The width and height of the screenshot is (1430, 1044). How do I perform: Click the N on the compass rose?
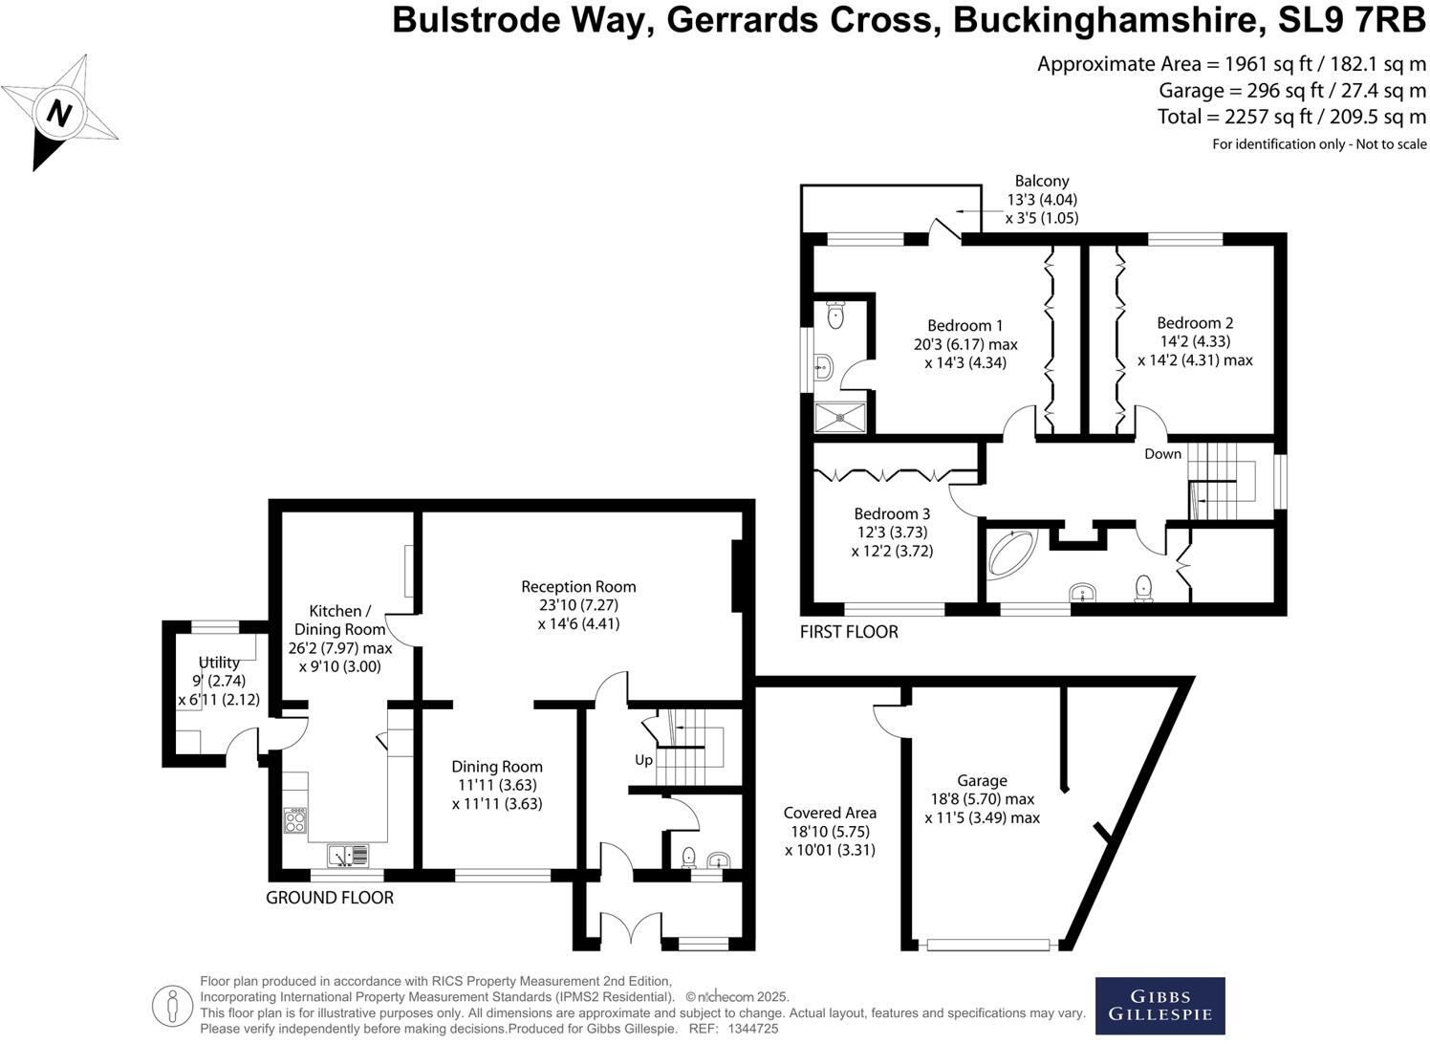coord(60,114)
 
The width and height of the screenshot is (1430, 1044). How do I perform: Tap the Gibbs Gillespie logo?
coord(1159,1006)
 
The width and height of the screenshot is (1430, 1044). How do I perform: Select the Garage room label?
coord(982,780)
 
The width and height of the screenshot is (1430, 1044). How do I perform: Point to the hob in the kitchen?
coord(296,820)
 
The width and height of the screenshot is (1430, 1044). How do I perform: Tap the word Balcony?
coord(1042,181)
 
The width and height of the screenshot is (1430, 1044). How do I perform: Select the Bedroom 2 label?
coord(1195,323)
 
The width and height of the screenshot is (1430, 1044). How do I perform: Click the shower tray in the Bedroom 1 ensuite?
coord(842,416)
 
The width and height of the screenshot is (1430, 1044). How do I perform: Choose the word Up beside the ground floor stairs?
coord(643,760)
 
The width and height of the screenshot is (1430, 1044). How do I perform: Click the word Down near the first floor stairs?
coord(1162,454)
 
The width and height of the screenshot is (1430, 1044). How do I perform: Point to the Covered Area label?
coord(830,813)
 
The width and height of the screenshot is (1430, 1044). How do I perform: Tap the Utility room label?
coord(219,663)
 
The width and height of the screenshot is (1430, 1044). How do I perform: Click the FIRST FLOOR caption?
coord(849,631)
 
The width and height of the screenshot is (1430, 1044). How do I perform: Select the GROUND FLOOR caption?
coord(330,897)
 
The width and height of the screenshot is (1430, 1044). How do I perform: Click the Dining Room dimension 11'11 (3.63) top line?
coord(497,785)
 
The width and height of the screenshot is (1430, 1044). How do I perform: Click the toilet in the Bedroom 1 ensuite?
coord(836,315)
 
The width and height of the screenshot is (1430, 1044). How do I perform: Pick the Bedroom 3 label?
coord(892,514)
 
